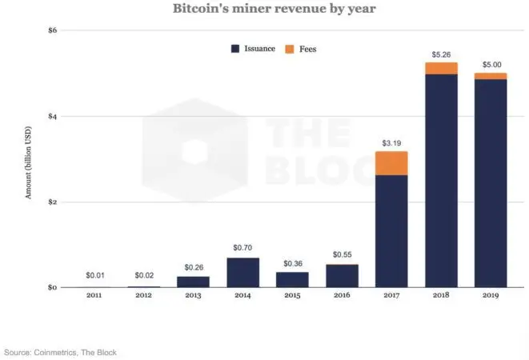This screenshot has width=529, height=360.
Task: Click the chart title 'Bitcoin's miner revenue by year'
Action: point(264,10)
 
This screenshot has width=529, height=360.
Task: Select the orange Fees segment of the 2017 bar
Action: point(391,163)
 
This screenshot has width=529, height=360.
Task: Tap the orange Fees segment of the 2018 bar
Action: point(440,68)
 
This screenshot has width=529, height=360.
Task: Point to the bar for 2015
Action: point(292,279)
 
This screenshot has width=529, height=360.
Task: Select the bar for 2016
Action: point(342,275)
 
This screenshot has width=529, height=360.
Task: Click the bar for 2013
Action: point(193,282)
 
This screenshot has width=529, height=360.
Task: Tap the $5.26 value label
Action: point(440,55)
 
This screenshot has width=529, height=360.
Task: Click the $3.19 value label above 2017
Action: point(391,144)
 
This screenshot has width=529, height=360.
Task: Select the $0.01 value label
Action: point(94,276)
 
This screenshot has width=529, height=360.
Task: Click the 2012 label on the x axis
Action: point(143,295)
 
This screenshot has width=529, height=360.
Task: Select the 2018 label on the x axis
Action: point(440,295)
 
